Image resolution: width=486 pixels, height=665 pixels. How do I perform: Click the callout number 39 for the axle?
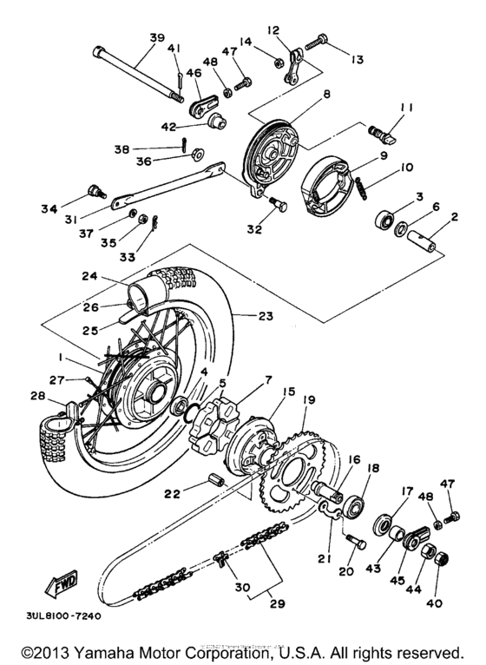click(156, 37)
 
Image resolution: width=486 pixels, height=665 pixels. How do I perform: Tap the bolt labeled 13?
click(318, 39)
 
